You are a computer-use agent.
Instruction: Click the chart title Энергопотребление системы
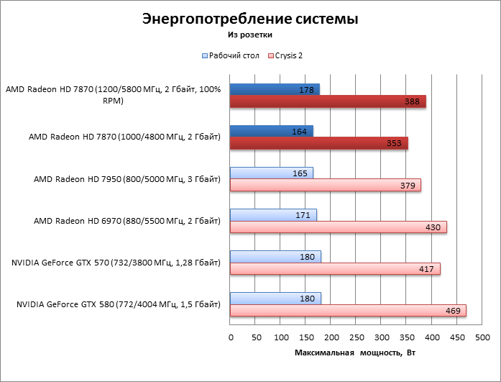coord(250,19)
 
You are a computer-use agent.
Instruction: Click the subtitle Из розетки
coord(250,34)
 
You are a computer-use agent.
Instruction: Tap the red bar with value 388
coord(328,102)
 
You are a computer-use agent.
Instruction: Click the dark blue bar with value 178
coord(275,90)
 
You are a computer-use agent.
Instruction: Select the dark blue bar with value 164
coord(271,131)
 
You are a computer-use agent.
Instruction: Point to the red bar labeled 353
coord(318,143)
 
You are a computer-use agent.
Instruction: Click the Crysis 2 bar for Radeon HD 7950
coord(325,185)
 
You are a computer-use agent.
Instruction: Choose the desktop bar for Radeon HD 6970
coord(273,214)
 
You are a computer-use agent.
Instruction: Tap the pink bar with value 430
coord(338,227)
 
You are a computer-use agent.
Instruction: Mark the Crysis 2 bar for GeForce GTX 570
coord(335,268)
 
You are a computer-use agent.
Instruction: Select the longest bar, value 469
coord(348,310)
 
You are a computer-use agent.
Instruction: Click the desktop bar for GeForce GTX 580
coord(275,298)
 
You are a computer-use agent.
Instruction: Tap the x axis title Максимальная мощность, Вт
coord(356,353)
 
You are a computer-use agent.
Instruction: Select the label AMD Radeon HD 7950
coord(127,179)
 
